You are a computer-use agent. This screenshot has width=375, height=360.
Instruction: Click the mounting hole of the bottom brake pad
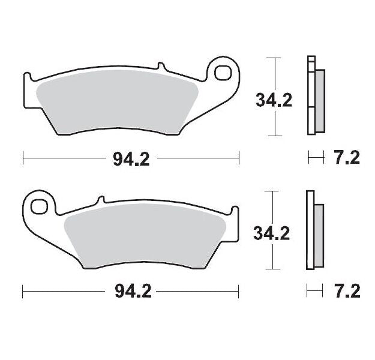tap(39, 205)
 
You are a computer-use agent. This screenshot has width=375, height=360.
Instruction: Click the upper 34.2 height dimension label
tap(274, 100)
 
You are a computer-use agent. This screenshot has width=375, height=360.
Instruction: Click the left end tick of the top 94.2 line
tap(23, 158)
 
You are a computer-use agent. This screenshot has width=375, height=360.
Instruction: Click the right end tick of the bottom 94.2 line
tap(239, 292)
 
